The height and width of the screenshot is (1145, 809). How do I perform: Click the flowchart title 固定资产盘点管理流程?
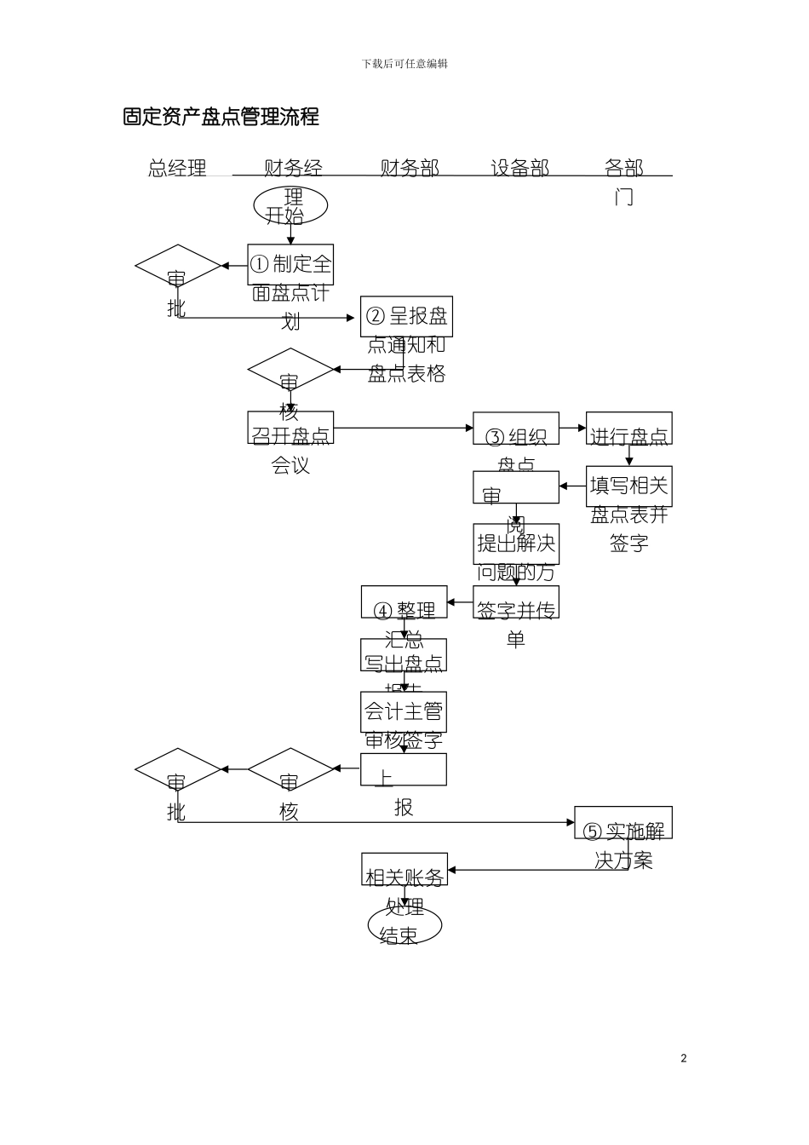pyautogui.click(x=221, y=117)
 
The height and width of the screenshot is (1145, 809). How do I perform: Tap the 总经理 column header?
pyautogui.click(x=177, y=168)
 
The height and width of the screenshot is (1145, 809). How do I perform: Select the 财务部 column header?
pyautogui.click(x=410, y=168)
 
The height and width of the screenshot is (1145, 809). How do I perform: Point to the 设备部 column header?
pyautogui.click(x=519, y=168)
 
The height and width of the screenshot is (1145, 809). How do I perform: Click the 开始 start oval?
pyautogui.click(x=290, y=207)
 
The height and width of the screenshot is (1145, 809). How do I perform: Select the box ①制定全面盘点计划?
pyautogui.click(x=290, y=265)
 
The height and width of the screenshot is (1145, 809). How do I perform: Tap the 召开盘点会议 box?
pyautogui.click(x=290, y=429)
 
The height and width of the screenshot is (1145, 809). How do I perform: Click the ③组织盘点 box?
pyautogui.click(x=516, y=429)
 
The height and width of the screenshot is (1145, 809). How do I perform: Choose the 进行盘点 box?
pyautogui.click(x=628, y=429)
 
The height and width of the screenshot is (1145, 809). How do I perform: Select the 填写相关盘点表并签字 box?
pyautogui.click(x=628, y=487)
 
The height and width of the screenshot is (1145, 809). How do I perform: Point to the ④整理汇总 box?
pyautogui.click(x=404, y=602)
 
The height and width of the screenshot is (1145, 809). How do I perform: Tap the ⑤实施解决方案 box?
pyautogui.click(x=623, y=823)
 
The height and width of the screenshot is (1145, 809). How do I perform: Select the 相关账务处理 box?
pyautogui.click(x=404, y=869)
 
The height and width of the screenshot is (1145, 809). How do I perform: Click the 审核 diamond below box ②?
pyautogui.click(x=290, y=370)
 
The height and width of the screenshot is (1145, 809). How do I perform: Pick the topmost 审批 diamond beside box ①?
pyautogui.click(x=177, y=267)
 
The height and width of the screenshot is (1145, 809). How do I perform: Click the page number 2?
pyautogui.click(x=684, y=1058)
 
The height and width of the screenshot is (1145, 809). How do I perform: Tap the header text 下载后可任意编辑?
pyautogui.click(x=404, y=64)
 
